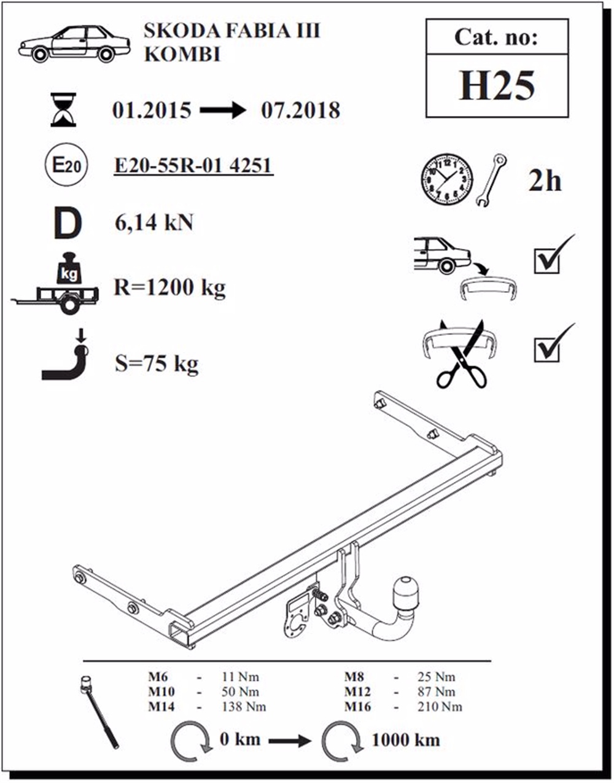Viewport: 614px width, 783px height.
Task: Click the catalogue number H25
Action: (x=497, y=85)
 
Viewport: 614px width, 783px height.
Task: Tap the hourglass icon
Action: (x=63, y=110)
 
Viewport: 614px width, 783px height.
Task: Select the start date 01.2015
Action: (x=152, y=111)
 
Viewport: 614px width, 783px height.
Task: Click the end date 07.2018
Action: (x=300, y=111)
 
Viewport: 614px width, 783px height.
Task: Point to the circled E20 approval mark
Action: (x=66, y=165)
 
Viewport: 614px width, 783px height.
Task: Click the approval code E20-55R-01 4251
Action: (x=193, y=166)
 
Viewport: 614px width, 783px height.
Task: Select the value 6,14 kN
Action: (x=153, y=222)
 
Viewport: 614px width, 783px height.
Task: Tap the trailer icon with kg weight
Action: (x=56, y=283)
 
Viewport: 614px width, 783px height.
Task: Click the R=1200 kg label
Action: (x=169, y=288)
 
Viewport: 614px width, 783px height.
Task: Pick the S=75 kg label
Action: (x=157, y=364)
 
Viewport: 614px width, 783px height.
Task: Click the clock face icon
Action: (x=446, y=180)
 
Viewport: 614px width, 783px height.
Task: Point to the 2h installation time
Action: (x=545, y=181)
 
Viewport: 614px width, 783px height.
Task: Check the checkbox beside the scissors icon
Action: (x=546, y=349)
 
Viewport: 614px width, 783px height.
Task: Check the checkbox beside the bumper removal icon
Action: (x=546, y=261)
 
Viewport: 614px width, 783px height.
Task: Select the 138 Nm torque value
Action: (x=244, y=707)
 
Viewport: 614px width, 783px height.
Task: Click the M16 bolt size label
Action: (x=357, y=707)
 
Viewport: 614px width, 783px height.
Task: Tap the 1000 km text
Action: (x=406, y=740)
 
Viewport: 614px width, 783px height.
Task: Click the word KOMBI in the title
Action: (x=182, y=55)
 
